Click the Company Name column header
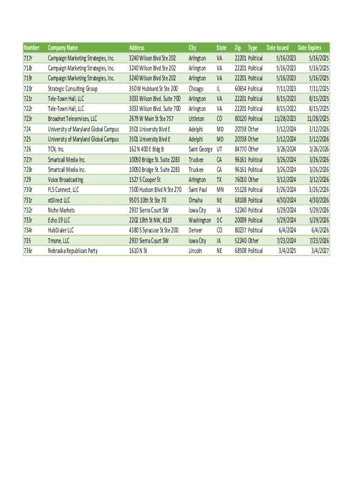pos(63,48)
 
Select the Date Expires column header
pos(310,48)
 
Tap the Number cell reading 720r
pos(28,88)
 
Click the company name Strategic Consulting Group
pos(72,88)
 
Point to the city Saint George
pos(201,149)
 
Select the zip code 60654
pos(240,88)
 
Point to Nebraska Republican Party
pos(72,251)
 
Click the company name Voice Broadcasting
pos(65,180)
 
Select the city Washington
pos(200,220)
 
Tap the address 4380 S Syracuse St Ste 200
pos(154,230)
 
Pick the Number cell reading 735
pos(27,240)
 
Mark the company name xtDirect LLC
pos(59,200)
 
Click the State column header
pos(222,48)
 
